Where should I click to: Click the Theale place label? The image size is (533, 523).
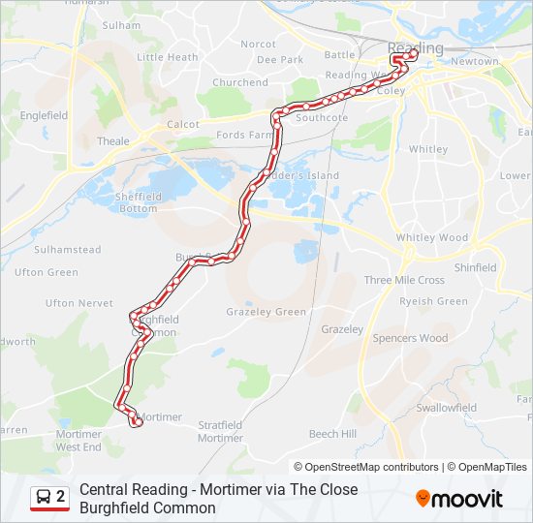coord(113,141)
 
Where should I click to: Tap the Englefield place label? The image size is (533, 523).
coord(43,115)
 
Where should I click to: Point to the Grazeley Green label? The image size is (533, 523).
coord(266,312)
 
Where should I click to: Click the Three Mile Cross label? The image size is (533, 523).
coord(404,280)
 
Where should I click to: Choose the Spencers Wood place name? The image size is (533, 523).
coord(410,338)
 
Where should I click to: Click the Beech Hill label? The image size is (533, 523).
coord(332,434)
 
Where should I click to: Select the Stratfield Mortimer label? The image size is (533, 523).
coord(220,431)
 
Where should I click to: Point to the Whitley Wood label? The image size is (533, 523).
coord(431,237)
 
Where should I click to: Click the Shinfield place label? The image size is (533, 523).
coord(475,267)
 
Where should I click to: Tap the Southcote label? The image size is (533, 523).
coord(322,118)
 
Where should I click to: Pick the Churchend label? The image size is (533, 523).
coord(239,82)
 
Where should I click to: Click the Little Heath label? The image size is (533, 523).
coord(168,57)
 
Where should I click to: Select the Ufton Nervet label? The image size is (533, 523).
coord(79,303)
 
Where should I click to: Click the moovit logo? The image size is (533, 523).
coord(459,499)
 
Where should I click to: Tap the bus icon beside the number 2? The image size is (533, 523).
coord(44,498)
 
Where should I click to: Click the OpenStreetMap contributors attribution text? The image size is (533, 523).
coord(372,467)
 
